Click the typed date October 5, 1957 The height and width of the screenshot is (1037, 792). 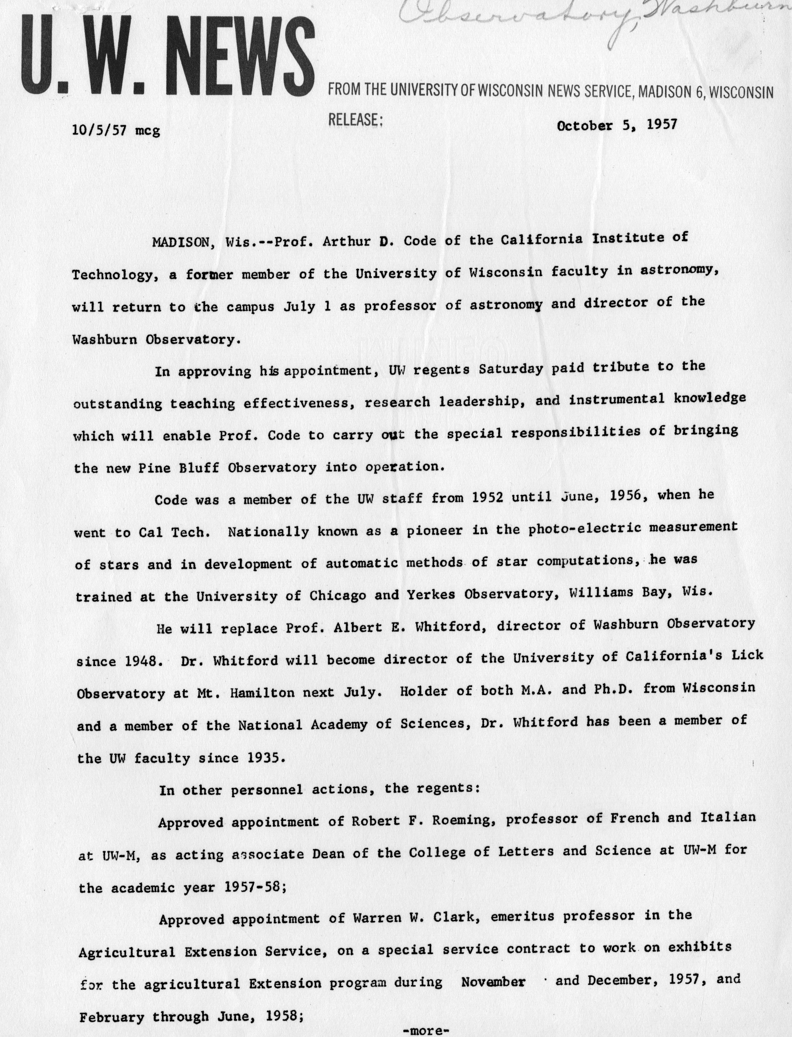coord(617,125)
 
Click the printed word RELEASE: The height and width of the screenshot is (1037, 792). coord(355,120)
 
